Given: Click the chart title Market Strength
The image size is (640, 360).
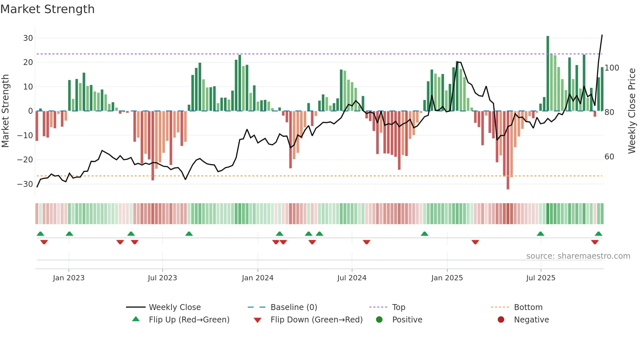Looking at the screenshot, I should (x=47, y=9).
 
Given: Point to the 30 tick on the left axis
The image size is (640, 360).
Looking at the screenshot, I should (x=28, y=38).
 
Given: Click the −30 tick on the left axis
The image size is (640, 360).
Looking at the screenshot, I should (x=25, y=184).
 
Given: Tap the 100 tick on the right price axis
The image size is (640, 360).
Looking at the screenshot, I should (x=612, y=68).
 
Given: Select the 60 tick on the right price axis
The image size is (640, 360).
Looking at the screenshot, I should (x=609, y=157).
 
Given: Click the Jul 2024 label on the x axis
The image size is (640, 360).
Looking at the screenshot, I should (x=352, y=278).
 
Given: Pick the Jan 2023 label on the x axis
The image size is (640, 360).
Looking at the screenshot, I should (x=69, y=278).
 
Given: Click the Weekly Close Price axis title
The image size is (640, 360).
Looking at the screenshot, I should (x=632, y=111).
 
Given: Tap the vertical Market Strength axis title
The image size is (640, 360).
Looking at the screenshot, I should (x=5, y=111).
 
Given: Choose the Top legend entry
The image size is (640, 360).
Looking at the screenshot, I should (x=398, y=307).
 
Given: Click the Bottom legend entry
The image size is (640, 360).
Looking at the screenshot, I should (x=528, y=307).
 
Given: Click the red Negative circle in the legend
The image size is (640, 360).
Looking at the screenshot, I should (x=501, y=320).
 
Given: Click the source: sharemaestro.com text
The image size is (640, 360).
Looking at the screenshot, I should (x=578, y=256).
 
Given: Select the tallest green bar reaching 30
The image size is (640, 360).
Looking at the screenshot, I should (x=548, y=74).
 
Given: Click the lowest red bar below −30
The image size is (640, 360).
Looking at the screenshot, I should (x=508, y=150).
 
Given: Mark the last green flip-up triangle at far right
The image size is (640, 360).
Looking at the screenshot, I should (x=598, y=234).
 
